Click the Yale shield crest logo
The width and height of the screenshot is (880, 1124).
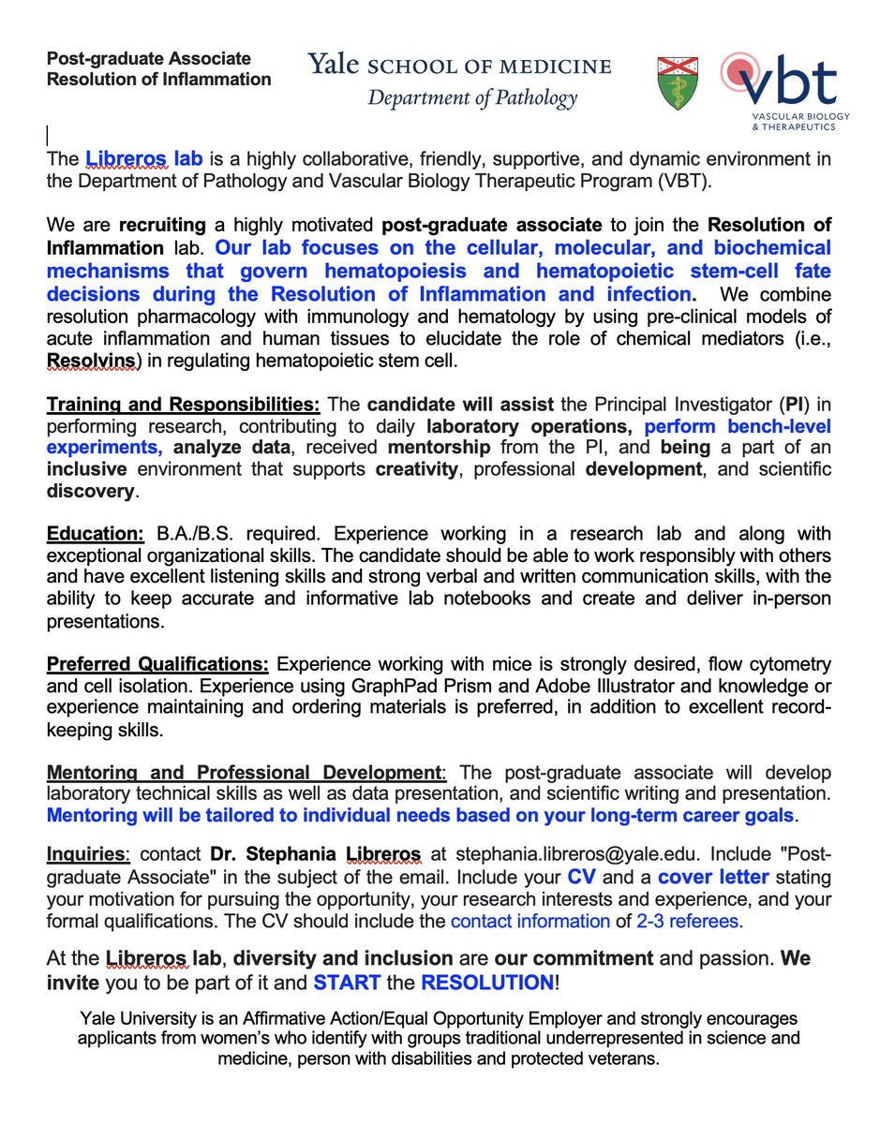pyautogui.click(x=680, y=81)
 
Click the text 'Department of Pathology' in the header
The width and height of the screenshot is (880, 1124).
pyautogui.click(x=471, y=97)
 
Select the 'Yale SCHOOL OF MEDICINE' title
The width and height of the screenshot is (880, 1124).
pyautogui.click(x=460, y=66)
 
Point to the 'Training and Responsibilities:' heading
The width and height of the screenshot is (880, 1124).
pyautogui.click(x=184, y=407)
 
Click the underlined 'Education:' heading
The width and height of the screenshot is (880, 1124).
pyautogui.click(x=96, y=534)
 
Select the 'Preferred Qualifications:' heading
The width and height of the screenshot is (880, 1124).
pyautogui.click(x=158, y=664)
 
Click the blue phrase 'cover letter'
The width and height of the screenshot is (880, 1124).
pyautogui.click(x=714, y=879)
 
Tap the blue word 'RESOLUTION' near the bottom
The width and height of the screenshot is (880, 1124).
pyautogui.click(x=487, y=983)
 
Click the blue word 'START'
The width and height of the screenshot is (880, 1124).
pyautogui.click(x=347, y=983)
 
